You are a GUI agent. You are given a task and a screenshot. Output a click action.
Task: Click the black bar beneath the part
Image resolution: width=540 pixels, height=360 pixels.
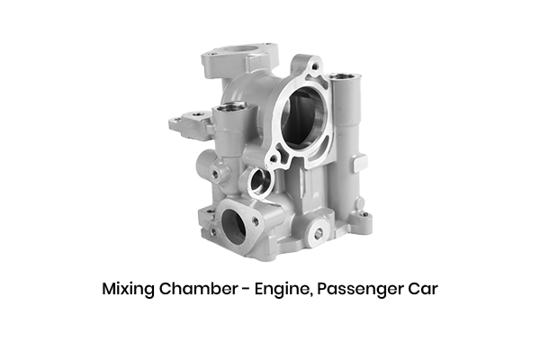(270, 291)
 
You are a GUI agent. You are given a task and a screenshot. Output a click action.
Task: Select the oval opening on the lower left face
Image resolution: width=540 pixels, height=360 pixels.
(233, 225)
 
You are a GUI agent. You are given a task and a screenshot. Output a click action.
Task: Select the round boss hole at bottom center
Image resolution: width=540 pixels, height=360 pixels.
(316, 234)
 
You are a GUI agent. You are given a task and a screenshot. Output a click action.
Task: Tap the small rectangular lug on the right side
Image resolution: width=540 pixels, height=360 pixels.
(358, 163)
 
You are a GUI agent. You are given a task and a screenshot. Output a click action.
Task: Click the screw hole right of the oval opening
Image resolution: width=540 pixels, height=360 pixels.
(256, 220)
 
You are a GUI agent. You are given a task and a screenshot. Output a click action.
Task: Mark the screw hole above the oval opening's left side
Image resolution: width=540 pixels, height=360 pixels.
(212, 213)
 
